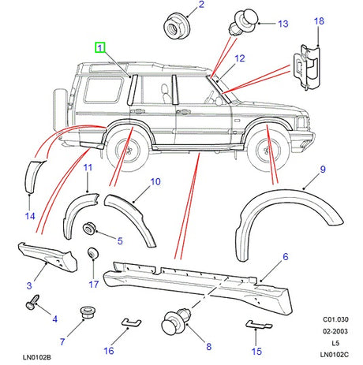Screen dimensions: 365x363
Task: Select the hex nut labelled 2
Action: point(174,28)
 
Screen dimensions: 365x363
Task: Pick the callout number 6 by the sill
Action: point(285,257)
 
